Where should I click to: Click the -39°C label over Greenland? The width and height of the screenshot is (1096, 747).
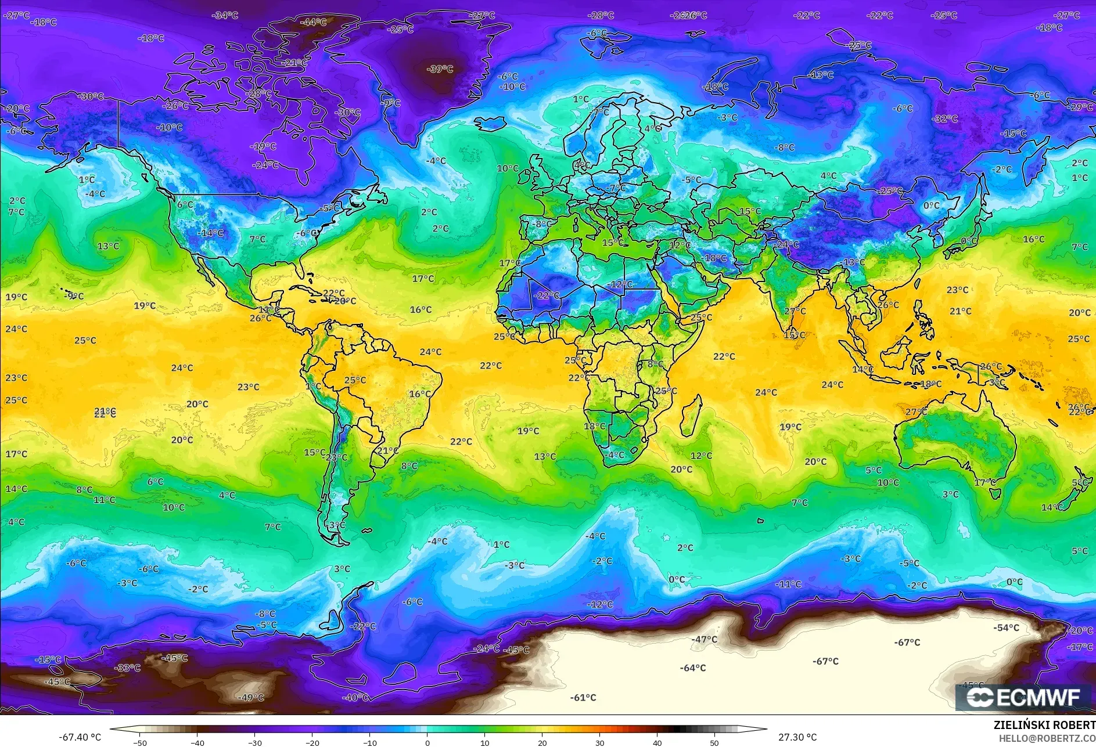pos(440,69)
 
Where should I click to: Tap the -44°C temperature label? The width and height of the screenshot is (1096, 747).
pos(313,22)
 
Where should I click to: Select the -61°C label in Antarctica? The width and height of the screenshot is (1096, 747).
pos(583,698)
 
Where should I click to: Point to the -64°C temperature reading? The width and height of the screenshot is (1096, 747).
pos(692,668)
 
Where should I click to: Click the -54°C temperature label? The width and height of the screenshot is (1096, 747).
pos(1005,627)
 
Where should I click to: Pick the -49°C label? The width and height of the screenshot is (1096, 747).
pos(250,698)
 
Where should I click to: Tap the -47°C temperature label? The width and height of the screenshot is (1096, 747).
pos(704,640)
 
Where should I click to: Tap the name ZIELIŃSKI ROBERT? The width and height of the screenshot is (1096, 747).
pos(1044,725)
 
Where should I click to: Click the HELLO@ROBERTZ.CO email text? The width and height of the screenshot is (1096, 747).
pos(1047,738)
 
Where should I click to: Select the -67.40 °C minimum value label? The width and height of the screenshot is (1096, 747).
pos(80,737)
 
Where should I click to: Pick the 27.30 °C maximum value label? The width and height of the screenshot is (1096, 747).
pos(797,737)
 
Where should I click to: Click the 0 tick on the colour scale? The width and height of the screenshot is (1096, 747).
pos(427,742)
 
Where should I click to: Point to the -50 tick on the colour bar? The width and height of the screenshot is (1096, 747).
pos(139,742)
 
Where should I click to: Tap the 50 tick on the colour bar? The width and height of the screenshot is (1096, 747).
pos(714,742)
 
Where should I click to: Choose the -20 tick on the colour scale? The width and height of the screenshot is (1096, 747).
pos(312,742)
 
